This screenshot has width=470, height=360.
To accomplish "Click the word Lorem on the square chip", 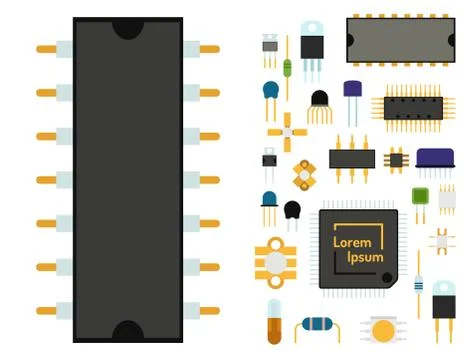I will click(x=351, y=243).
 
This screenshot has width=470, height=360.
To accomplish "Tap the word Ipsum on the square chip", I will click(x=365, y=259).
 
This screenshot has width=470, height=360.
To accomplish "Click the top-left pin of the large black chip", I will click(x=47, y=48).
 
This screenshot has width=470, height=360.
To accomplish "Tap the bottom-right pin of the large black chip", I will click(x=208, y=309).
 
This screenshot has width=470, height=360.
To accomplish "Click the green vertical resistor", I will click(x=288, y=68).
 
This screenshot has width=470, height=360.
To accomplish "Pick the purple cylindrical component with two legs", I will click(x=353, y=91).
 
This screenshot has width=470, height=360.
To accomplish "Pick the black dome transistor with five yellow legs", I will click(x=319, y=100).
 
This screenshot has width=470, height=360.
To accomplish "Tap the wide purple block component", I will click(x=433, y=157).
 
